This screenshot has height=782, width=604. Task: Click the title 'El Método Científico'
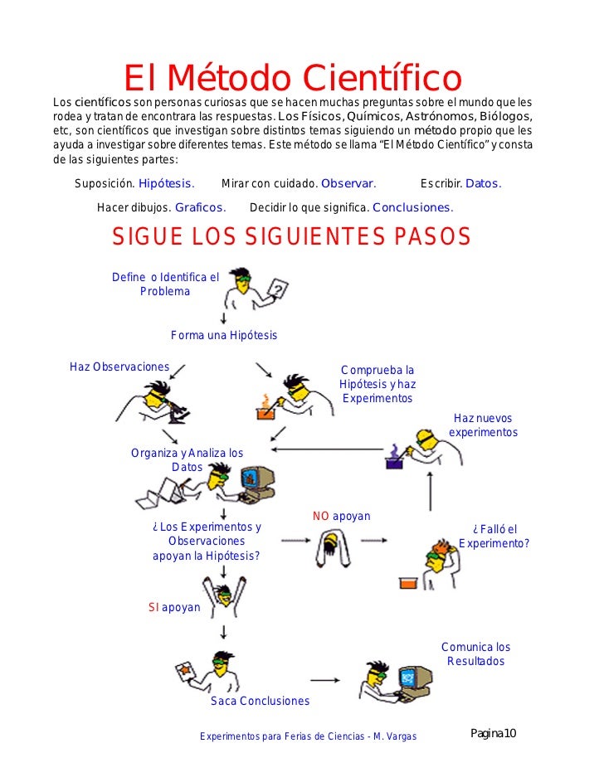(x=292, y=80)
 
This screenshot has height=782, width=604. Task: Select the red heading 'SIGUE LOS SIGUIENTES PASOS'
(x=291, y=237)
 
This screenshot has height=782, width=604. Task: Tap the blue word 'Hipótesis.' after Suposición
(x=166, y=183)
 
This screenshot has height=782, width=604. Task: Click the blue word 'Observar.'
(x=348, y=183)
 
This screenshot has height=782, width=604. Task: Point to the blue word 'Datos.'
(x=483, y=183)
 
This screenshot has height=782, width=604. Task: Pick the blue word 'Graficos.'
(x=200, y=207)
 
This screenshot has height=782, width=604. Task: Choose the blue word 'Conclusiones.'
(x=412, y=207)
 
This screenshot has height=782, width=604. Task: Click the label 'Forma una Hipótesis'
(x=224, y=335)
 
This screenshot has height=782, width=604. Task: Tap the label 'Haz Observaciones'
(x=119, y=367)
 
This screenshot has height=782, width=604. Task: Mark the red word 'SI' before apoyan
(x=153, y=607)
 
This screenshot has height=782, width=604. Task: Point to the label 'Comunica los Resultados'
(x=475, y=653)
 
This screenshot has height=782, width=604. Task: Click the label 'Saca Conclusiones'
(x=260, y=701)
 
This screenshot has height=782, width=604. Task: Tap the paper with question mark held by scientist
(x=280, y=289)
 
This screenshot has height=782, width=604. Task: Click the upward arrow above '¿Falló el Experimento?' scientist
(x=431, y=494)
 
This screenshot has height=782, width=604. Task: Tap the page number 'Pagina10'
(x=494, y=733)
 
